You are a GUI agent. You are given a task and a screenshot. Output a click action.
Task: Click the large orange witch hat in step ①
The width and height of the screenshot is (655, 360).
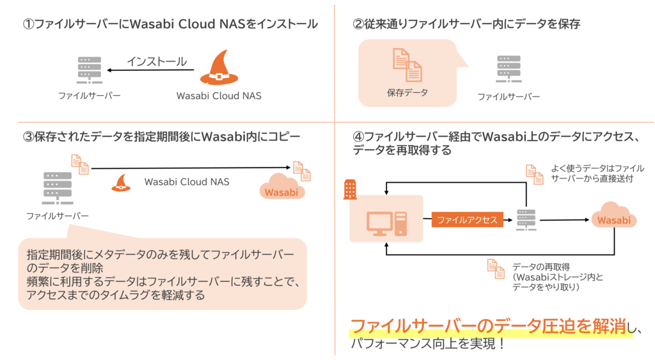tap(219, 68)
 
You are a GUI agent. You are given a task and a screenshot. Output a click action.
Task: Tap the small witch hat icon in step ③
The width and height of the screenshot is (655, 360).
tap(122, 183)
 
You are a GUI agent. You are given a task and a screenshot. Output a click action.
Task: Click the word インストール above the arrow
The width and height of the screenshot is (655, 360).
tap(157, 61)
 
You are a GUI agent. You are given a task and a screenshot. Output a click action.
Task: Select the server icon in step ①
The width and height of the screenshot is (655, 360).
tap(89, 70)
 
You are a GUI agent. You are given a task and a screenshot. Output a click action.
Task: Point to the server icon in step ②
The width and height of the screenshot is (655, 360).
tap(509, 70)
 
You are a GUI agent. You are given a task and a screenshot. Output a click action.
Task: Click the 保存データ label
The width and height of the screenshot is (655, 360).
tap(407, 93)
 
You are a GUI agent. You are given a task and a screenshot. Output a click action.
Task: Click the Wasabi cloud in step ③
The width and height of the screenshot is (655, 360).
tap(281, 189)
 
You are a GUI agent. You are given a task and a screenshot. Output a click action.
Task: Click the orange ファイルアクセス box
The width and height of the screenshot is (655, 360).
tap(467, 220)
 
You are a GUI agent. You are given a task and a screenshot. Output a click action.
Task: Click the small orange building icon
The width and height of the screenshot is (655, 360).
tap(351, 188)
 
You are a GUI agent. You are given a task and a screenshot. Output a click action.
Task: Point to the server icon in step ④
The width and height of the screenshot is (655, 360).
tap(526, 219)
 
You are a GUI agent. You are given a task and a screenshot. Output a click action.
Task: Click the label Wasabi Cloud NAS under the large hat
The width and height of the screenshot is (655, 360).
tap(219, 96)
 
